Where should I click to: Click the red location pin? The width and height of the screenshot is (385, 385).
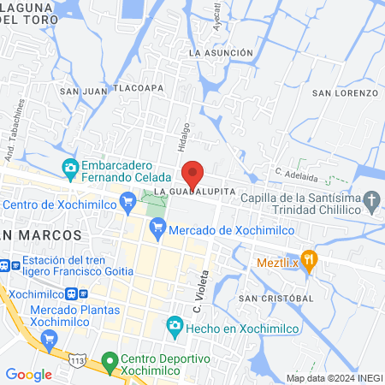(194, 174)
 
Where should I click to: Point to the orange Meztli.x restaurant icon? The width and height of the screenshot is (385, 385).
(310, 257)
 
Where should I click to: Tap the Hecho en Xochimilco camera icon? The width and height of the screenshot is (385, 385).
(175, 324)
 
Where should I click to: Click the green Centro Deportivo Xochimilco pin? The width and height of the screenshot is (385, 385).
(109, 362)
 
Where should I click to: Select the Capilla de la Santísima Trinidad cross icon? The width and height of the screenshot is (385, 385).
(371, 203)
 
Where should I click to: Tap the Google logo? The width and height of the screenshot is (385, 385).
(28, 374)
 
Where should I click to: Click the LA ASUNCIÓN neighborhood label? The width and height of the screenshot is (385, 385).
(221, 53)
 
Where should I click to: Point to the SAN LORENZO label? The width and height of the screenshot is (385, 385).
(344, 92)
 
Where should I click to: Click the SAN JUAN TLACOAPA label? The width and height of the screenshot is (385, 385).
(111, 88)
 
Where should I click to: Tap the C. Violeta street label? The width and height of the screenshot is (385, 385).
(198, 286)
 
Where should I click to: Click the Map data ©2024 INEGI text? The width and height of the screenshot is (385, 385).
(333, 377)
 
